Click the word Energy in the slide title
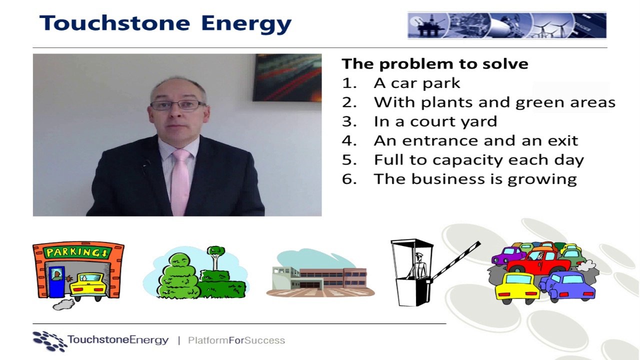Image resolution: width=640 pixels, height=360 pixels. [x=246, y=24]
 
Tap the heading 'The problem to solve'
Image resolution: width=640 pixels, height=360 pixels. [x=434, y=64]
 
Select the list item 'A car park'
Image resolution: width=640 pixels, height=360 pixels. [x=417, y=83]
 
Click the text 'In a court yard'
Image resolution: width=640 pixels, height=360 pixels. [x=435, y=121]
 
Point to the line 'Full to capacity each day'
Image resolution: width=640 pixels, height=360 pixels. [x=479, y=160]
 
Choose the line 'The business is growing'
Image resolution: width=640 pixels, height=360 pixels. [x=475, y=179]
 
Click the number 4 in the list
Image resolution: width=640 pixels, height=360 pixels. [x=348, y=140]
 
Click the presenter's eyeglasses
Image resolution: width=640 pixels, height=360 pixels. [x=177, y=105]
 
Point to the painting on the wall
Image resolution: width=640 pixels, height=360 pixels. [x=287, y=77]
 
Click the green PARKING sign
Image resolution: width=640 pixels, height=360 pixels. [x=77, y=252]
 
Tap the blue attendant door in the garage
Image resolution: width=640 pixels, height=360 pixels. [x=57, y=281]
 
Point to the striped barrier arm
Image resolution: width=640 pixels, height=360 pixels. [x=456, y=260]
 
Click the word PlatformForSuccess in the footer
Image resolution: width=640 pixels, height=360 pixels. [x=236, y=340]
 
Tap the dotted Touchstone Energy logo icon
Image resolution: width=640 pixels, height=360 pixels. [x=49, y=341]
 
